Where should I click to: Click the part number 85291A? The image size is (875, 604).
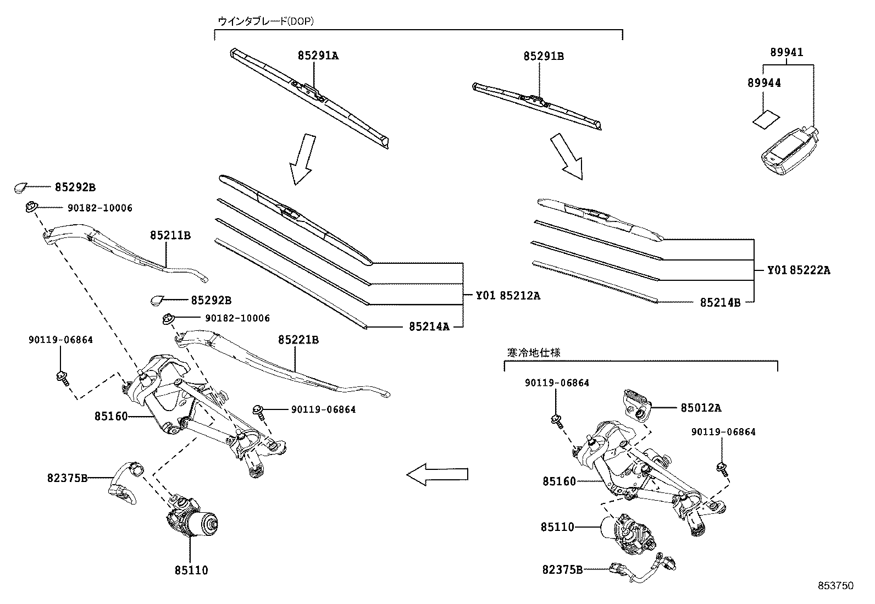318,56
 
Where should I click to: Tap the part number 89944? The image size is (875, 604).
764,83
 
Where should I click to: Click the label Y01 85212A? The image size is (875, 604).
508,296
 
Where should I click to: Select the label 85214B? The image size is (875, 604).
720,302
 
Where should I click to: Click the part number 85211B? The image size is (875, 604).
170,235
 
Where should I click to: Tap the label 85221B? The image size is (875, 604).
298,340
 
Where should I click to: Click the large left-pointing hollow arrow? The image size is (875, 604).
437,474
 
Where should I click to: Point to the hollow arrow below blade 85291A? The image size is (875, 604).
302,158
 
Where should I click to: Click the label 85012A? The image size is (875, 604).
701,408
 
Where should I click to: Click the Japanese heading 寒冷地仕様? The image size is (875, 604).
533,353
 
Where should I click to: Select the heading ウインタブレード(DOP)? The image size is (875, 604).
265,21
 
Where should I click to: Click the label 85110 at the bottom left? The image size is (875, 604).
191,570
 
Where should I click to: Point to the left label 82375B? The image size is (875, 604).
67,478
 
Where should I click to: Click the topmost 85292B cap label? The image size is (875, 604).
75,187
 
